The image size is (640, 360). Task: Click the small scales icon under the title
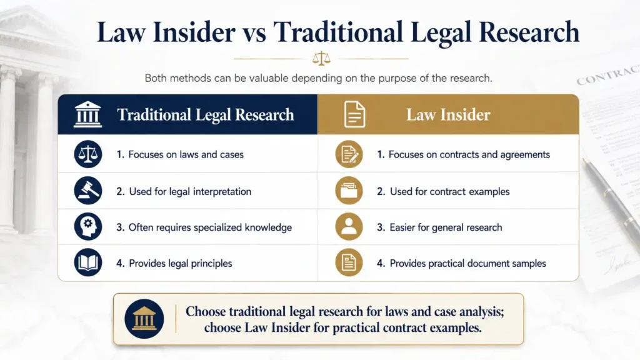[x=321, y=58]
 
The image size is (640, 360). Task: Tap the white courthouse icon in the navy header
[x=87, y=114]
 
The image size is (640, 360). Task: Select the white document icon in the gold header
[x=354, y=114]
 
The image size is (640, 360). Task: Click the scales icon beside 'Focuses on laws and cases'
[x=87, y=154]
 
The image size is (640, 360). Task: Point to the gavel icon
[x=87, y=191]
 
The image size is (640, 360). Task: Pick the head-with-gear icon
[x=87, y=226]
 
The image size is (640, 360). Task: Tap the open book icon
[x=87, y=262]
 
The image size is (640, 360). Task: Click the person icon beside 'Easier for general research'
[x=349, y=226]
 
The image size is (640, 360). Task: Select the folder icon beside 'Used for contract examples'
[x=349, y=191]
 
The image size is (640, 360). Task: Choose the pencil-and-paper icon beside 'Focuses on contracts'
[x=349, y=154]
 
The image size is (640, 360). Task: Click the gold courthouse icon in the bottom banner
[x=144, y=319]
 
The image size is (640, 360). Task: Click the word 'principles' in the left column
[x=211, y=264]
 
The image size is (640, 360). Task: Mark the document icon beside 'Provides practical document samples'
[x=349, y=262]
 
